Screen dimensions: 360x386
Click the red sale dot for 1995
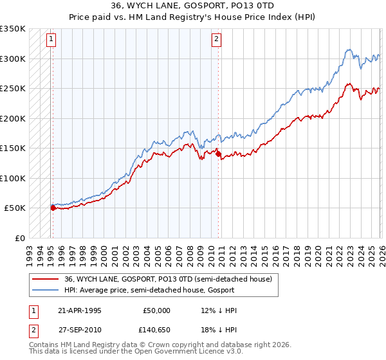53,208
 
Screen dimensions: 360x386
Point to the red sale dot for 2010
218,154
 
